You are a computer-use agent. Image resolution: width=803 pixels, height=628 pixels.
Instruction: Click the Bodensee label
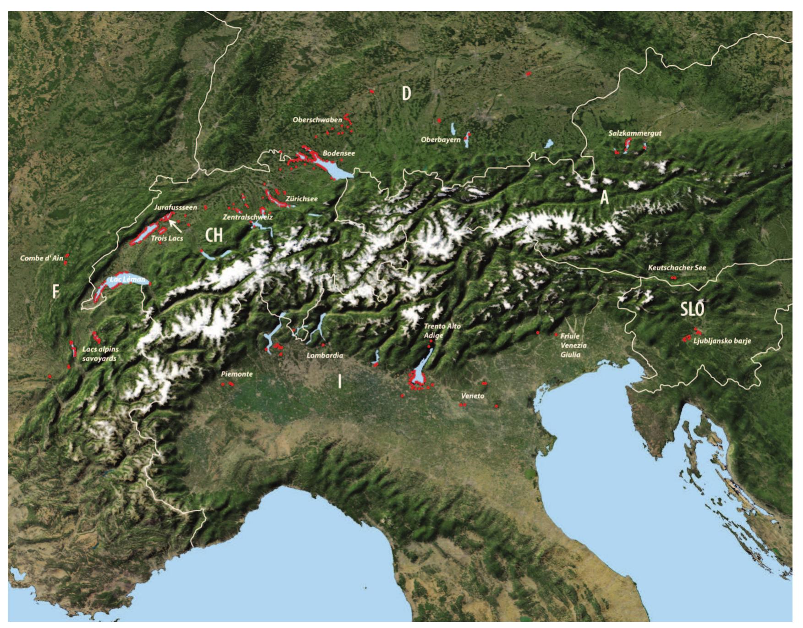tap(339, 153)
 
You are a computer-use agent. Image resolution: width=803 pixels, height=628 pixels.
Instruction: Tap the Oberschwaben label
tap(317, 120)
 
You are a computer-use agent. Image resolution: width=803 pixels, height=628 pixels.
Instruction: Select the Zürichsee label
tap(301, 199)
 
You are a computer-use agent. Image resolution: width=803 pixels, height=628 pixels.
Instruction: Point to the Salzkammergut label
tap(635, 133)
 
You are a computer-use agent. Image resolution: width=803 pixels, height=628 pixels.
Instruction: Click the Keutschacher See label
tap(677, 268)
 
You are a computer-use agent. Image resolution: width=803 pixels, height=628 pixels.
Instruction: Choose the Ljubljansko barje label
tap(722, 341)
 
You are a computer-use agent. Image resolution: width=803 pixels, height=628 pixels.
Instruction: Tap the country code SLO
tap(692, 309)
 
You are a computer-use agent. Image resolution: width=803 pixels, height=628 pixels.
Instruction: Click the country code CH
tap(214, 235)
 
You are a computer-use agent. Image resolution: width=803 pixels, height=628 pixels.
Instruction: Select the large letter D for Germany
tap(406, 94)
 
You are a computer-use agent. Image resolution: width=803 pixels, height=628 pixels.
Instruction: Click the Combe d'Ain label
tap(41, 259)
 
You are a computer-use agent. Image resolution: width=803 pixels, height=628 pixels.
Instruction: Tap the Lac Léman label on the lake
tap(127, 279)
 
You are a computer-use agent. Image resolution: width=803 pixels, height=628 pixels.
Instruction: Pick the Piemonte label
tap(237, 374)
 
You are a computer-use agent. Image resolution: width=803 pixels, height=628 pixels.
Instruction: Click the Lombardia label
tap(325, 355)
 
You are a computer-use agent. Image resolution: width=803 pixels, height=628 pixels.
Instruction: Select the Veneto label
tap(473, 396)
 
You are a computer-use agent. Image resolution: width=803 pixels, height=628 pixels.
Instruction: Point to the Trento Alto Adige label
tap(442, 331)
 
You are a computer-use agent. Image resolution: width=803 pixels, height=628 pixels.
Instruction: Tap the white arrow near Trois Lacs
tap(175, 225)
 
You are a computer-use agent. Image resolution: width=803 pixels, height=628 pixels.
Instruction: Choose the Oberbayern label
tap(441, 139)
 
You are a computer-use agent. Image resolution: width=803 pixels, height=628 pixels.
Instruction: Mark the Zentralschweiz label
tap(248, 217)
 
